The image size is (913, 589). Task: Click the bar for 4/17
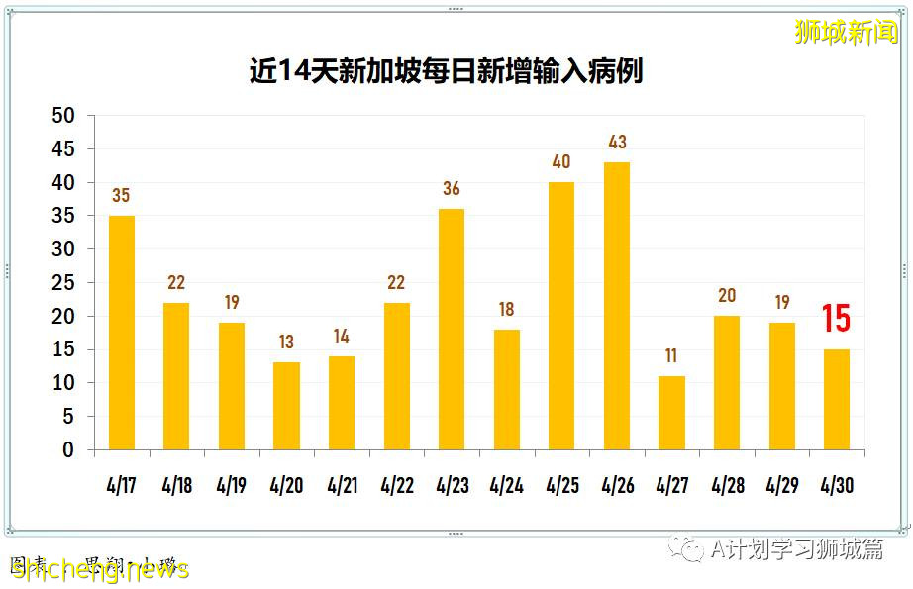click(x=121, y=333)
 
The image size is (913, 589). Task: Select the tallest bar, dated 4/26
click(x=617, y=306)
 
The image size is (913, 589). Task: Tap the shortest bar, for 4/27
click(x=671, y=413)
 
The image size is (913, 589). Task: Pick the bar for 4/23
click(x=451, y=330)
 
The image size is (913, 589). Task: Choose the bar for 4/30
click(x=836, y=399)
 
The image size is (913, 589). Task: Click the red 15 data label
click(x=836, y=319)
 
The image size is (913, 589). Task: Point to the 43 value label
click(x=617, y=143)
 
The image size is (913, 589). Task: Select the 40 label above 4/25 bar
click(x=561, y=162)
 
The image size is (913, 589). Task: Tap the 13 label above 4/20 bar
click(x=286, y=343)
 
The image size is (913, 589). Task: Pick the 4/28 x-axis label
click(x=727, y=487)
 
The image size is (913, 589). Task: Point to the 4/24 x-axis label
click(x=506, y=487)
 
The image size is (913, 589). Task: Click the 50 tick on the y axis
click(x=62, y=116)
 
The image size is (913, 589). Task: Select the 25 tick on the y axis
click(x=62, y=283)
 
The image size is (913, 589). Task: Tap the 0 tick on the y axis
click(x=68, y=450)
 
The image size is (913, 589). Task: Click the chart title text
click(x=446, y=71)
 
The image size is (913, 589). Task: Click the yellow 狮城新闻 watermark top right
click(x=847, y=32)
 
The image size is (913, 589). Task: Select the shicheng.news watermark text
click(x=99, y=569)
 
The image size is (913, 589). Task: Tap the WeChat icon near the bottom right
click(x=683, y=549)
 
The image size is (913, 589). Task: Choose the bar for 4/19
click(x=231, y=386)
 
